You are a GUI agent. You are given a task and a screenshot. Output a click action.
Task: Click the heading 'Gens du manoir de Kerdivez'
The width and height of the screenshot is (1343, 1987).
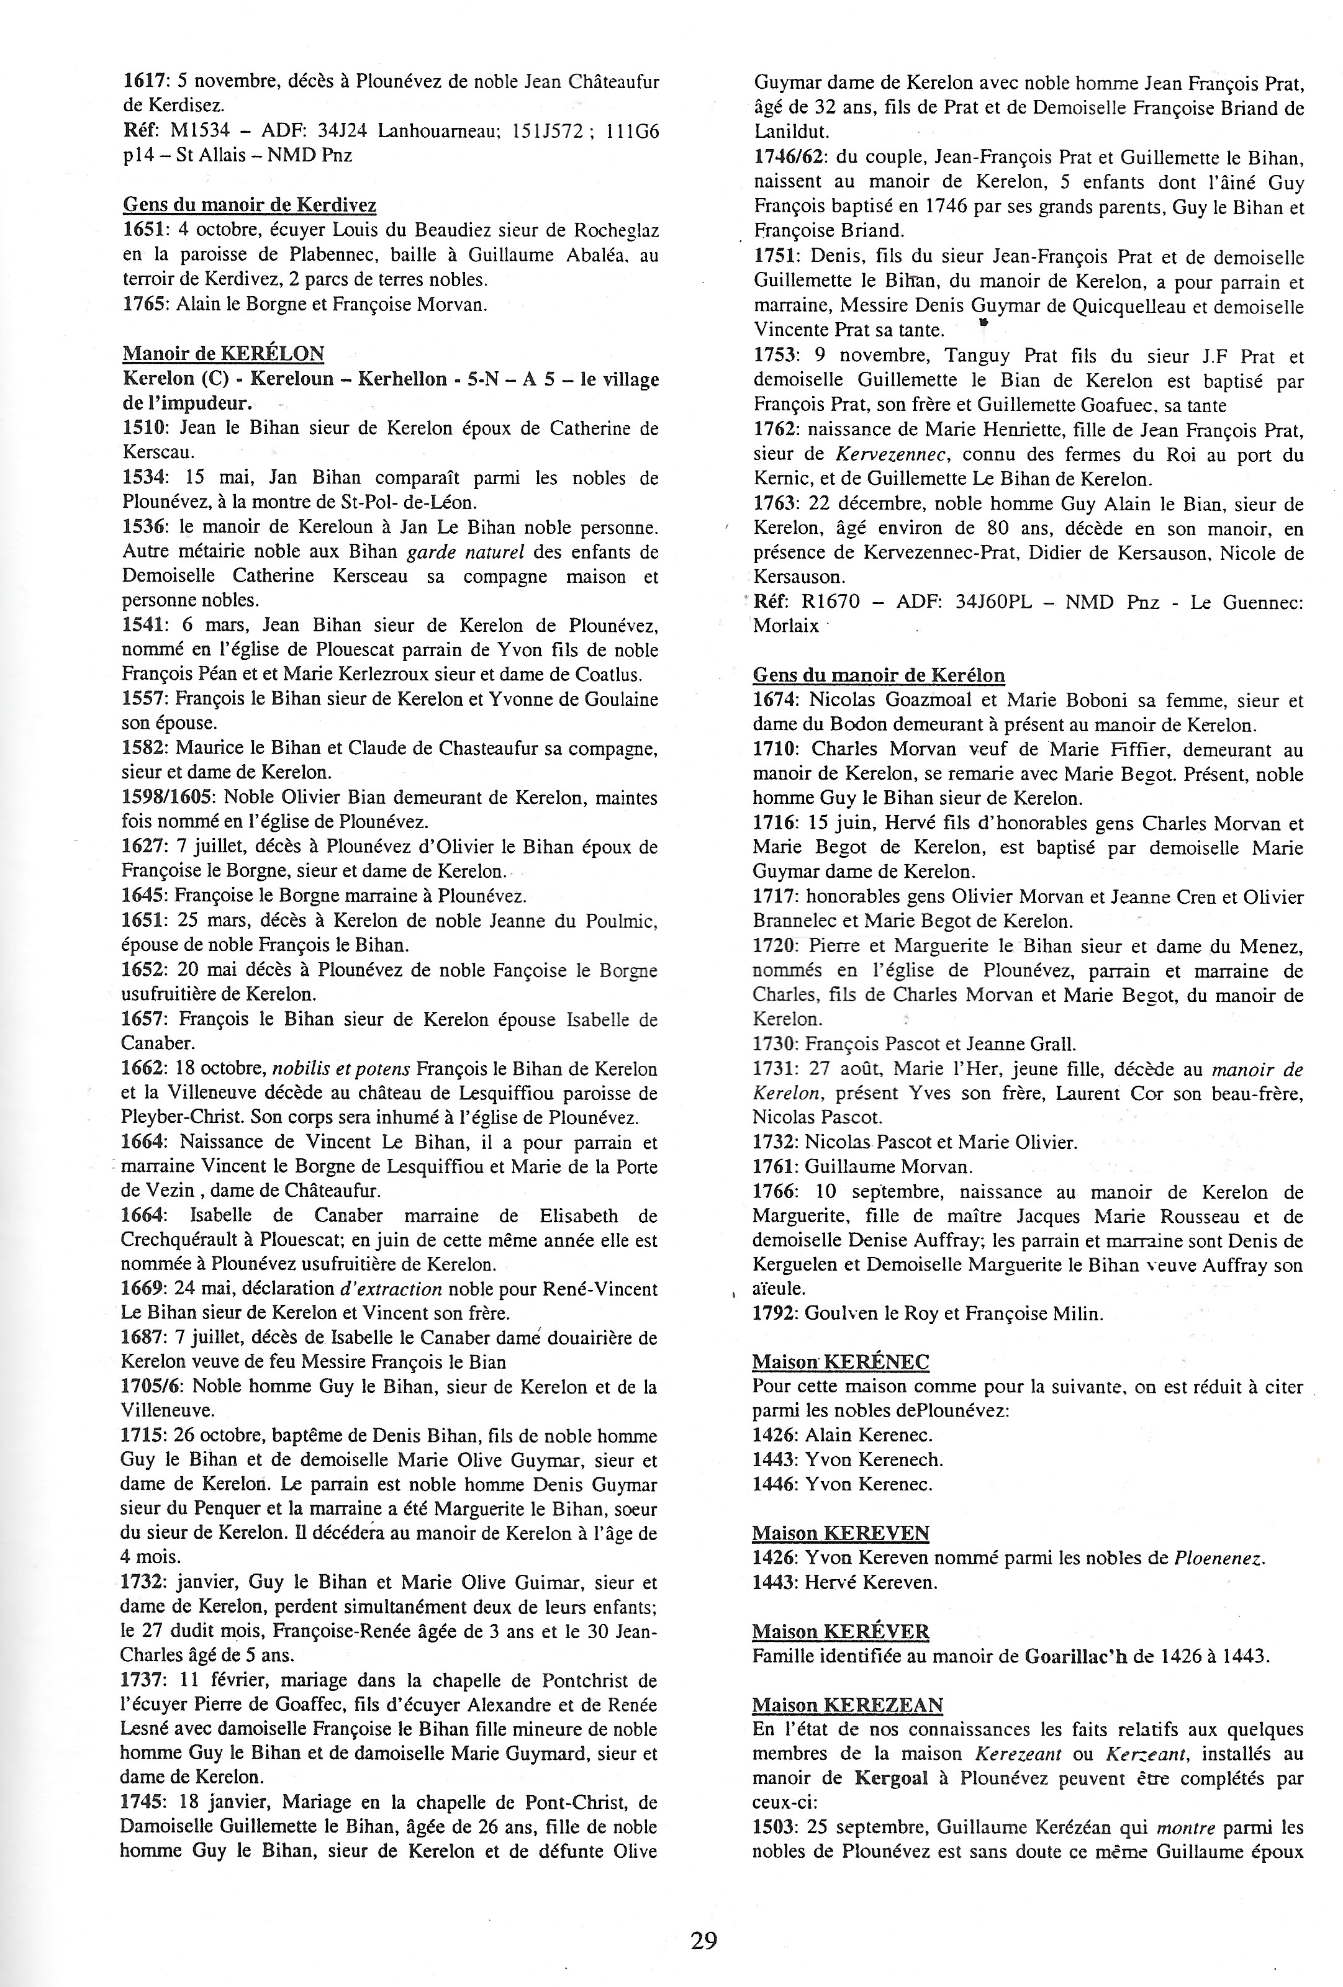250,205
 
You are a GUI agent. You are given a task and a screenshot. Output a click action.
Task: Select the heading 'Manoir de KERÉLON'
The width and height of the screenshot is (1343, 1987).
224,353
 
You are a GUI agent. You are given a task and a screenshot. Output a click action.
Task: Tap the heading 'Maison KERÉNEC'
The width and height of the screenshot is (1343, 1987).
840,1362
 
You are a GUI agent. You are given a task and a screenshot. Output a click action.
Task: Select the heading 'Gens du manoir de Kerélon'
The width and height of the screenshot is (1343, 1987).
879,675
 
